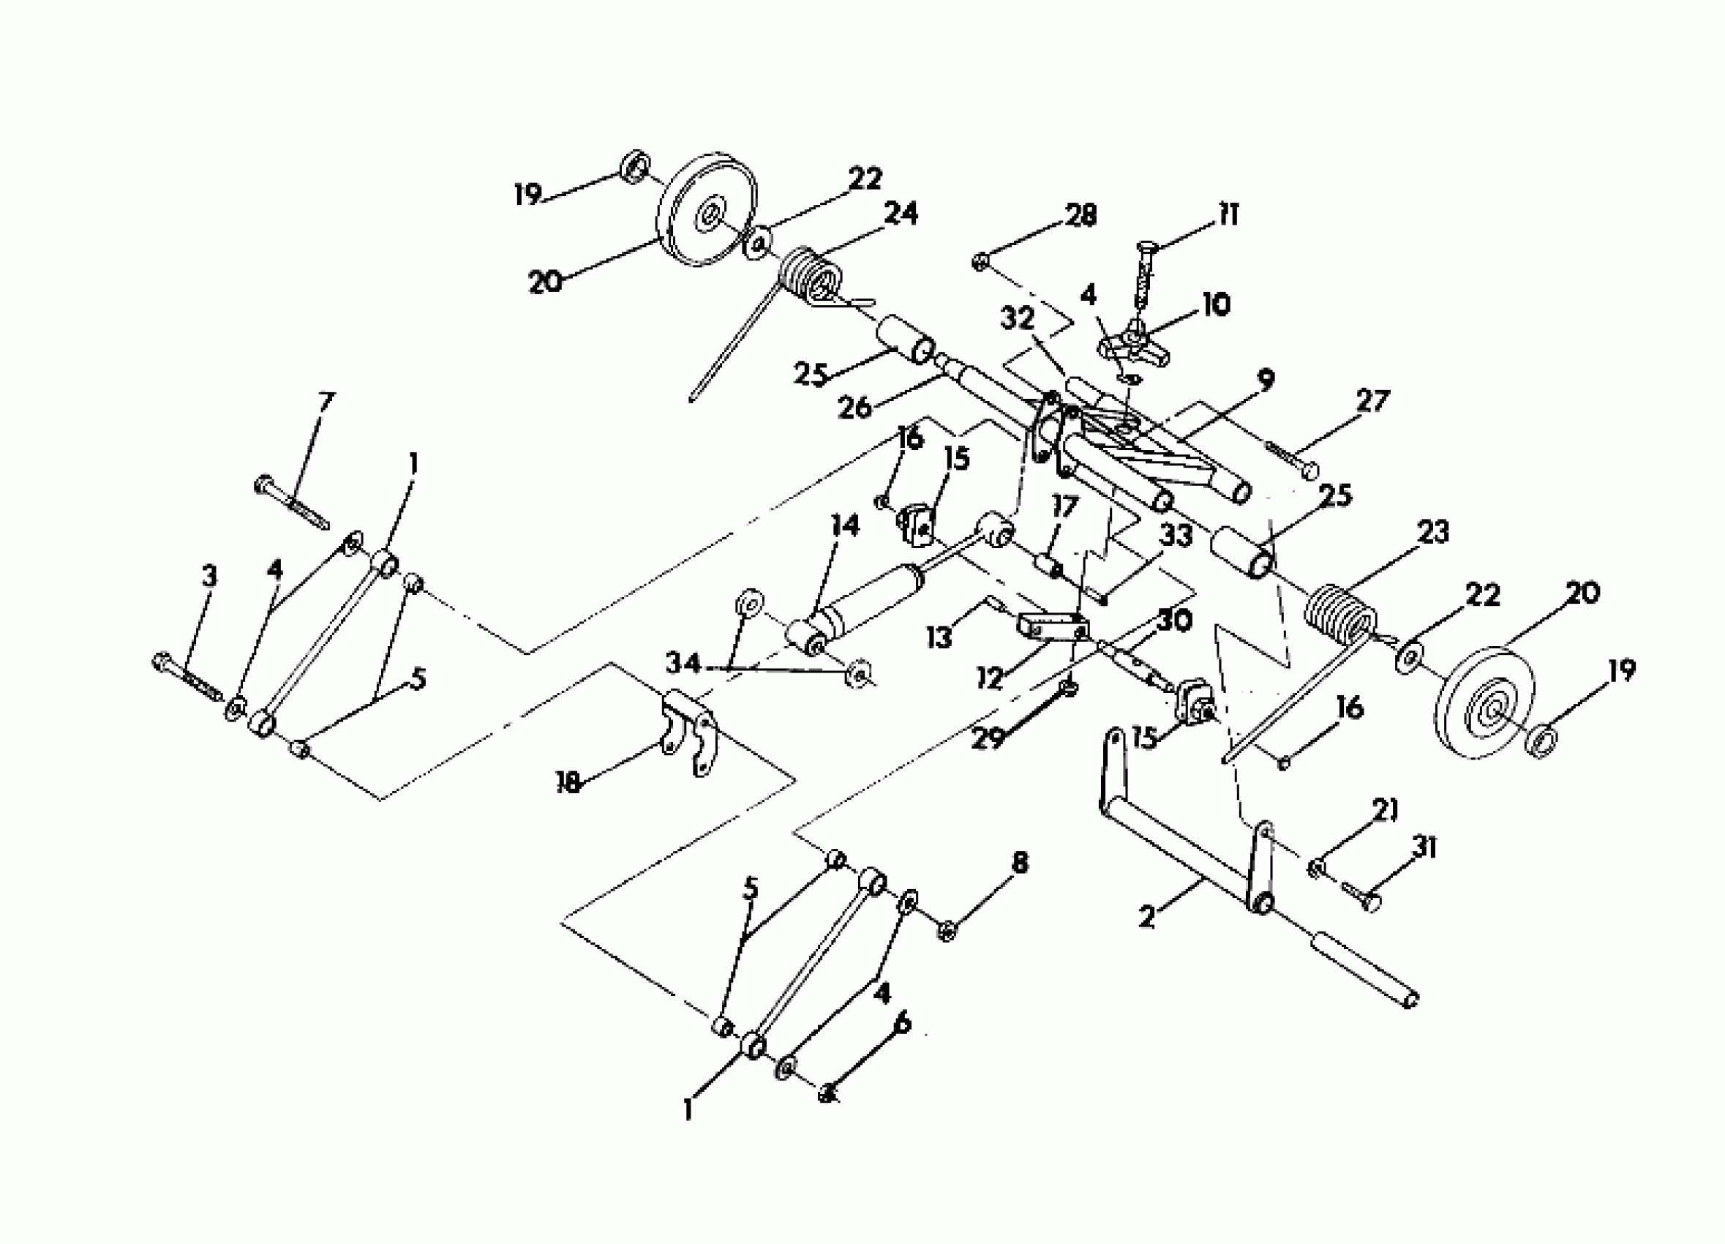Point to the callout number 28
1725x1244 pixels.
[1081, 215]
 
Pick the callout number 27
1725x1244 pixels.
[1373, 401]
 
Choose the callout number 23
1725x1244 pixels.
[1433, 533]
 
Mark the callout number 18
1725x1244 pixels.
[568, 783]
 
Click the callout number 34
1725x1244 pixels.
[683, 664]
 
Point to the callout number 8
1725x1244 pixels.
[1019, 863]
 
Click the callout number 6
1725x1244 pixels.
[902, 1023]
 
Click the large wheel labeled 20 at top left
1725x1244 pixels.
[707, 213]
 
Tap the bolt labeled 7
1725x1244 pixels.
[293, 501]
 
